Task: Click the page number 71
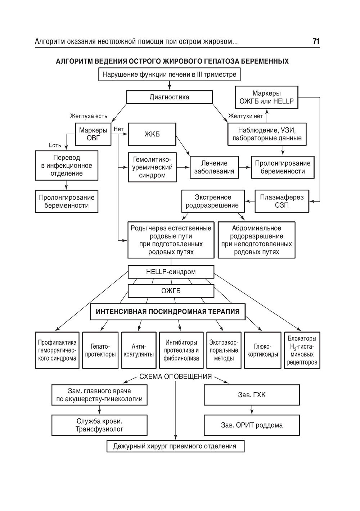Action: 316,41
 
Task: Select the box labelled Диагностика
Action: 169,97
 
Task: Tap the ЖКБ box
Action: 152,134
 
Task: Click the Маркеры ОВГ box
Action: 93,134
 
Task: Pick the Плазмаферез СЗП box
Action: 282,201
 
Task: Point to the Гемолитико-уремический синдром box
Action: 152,167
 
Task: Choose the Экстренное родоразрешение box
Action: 212,201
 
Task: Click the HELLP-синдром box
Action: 171,272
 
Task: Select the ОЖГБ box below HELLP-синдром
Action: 171,291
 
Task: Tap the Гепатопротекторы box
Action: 100,350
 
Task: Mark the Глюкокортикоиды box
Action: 262,350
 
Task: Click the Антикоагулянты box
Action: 139,350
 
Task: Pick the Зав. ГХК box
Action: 252,395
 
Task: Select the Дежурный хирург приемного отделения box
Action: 175,446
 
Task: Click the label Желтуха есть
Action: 89,116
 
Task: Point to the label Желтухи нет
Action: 246,116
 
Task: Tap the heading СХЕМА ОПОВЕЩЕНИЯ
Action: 175,377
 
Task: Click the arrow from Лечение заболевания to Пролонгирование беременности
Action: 245,167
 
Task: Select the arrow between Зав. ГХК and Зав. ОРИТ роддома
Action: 252,410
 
